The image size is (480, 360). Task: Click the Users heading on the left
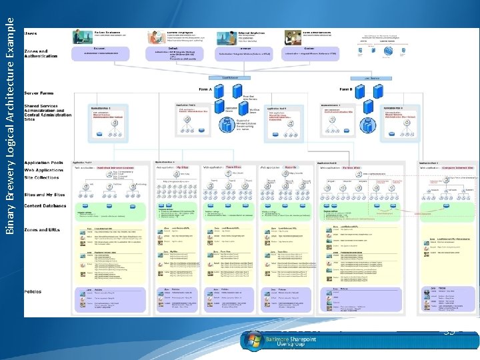31,33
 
